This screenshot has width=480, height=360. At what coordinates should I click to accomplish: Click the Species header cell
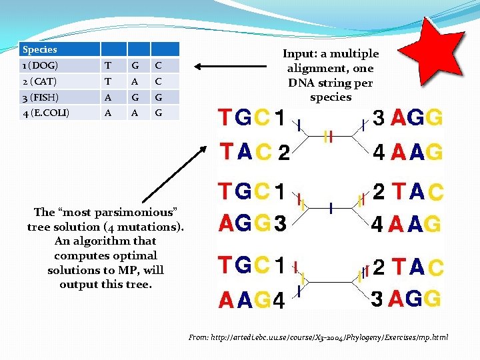(x=40, y=49)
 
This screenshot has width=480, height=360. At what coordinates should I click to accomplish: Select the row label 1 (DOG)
(x=41, y=65)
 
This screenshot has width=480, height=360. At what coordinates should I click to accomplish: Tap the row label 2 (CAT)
(x=40, y=81)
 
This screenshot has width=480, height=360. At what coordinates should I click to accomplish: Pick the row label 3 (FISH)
(x=41, y=97)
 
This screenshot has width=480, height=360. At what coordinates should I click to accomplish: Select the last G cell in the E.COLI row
(x=159, y=113)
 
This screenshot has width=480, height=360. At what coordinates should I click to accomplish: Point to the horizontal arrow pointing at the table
(x=220, y=66)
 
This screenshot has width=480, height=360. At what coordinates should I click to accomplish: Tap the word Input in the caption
(x=299, y=54)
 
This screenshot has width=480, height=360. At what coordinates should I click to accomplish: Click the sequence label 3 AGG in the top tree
(x=407, y=119)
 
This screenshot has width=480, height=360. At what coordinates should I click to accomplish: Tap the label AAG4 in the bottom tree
(x=252, y=301)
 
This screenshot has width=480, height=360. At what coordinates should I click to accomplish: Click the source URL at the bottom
(x=319, y=338)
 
